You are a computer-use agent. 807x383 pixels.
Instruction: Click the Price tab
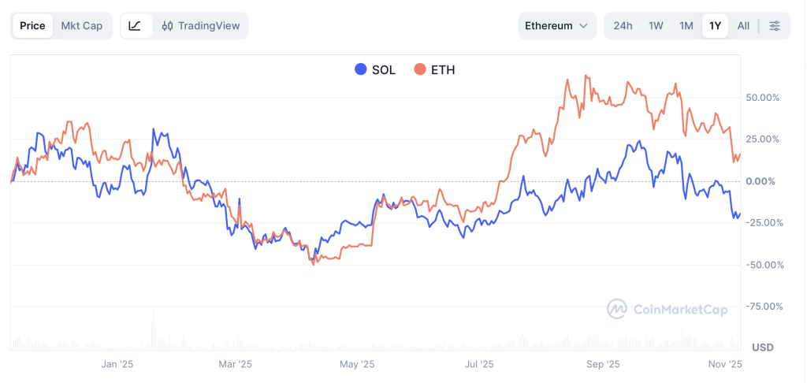coord(32,26)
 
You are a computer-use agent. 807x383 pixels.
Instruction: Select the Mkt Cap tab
coord(82,26)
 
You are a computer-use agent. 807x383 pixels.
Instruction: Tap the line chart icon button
coord(135,26)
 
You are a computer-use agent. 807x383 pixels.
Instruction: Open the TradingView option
coord(201,26)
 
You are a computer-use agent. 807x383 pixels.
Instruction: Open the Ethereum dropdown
coord(556,26)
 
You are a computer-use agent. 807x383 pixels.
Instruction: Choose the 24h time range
coord(623,26)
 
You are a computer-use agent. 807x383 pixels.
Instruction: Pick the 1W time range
coord(656,26)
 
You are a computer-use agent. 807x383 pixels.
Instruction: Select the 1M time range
coord(686,26)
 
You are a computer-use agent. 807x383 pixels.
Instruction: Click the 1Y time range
coord(715,26)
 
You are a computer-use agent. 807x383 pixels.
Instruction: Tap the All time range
coord(743,26)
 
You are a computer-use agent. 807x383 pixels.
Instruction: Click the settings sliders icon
coord(775,26)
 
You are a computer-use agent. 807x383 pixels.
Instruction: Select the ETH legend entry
coord(434,69)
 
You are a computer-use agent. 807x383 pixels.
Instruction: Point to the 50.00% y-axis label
coord(763,98)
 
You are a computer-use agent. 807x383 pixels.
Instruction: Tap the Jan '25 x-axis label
coord(117,364)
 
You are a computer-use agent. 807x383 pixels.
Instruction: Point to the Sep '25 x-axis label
coord(604,364)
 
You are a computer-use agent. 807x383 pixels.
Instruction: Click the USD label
coord(763,348)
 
